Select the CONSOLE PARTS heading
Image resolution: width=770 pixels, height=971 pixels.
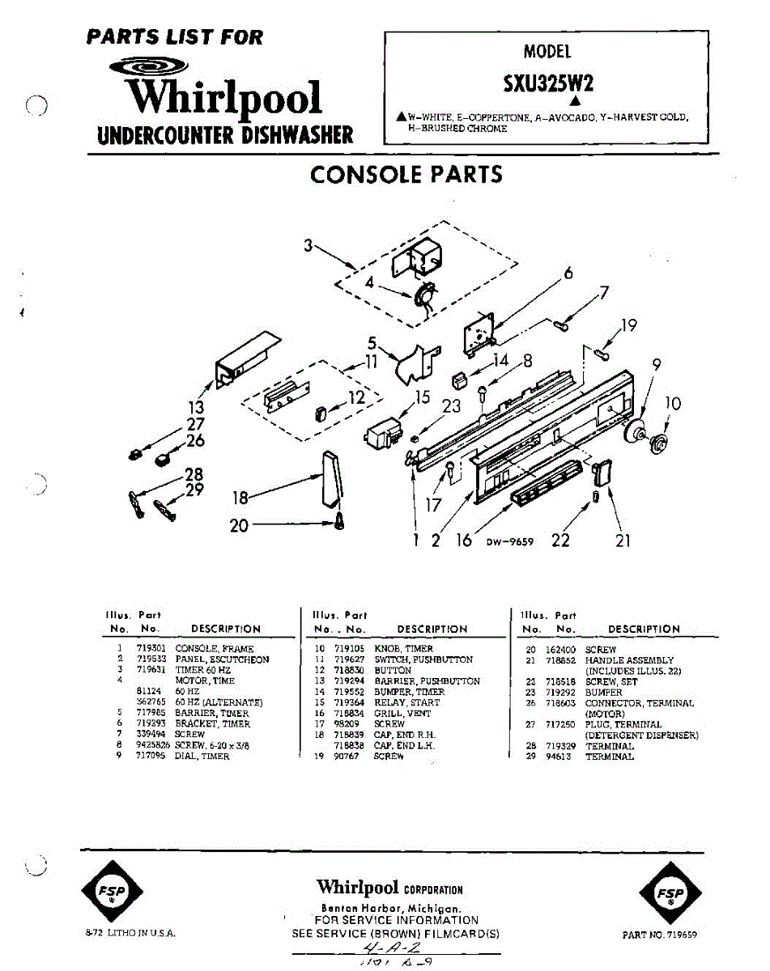click(406, 174)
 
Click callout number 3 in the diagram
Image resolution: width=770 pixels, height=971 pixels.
click(308, 245)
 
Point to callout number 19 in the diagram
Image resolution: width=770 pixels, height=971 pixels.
click(628, 326)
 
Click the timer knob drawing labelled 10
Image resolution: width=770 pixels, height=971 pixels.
click(657, 442)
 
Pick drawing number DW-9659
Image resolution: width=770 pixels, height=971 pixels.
click(510, 542)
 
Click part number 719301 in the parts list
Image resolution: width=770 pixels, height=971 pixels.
click(149, 649)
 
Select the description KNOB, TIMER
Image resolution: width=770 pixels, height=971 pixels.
click(403, 649)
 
